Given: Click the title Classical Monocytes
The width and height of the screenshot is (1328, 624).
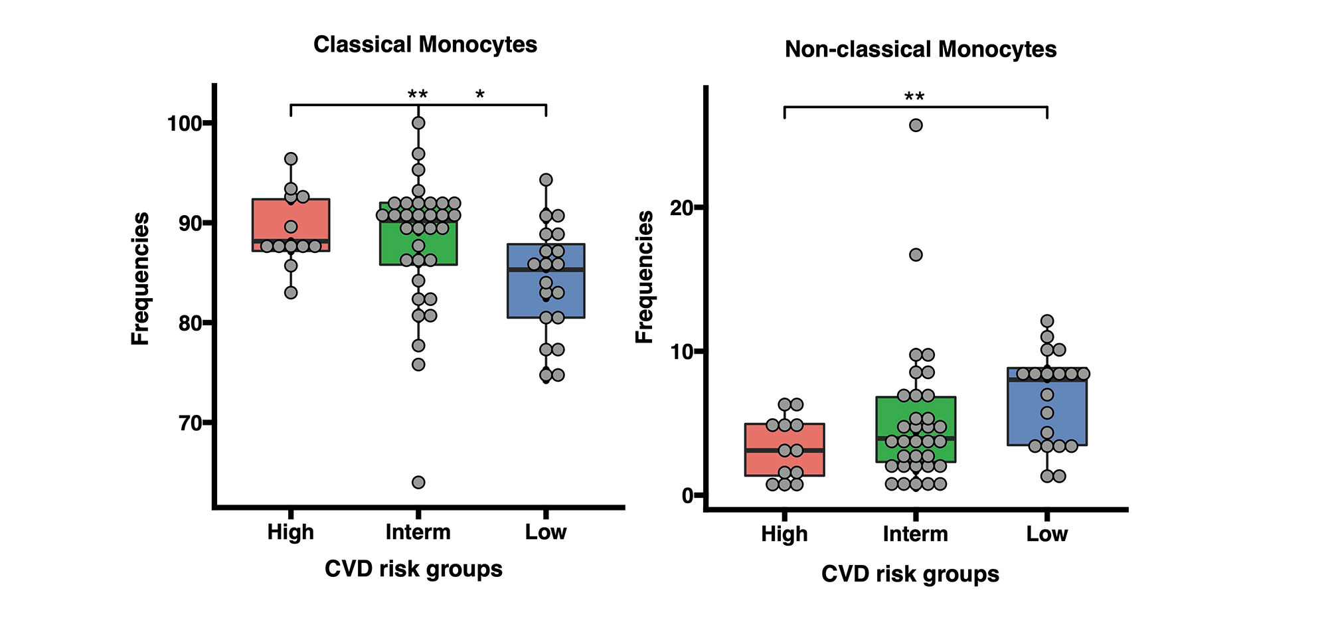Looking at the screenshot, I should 425,44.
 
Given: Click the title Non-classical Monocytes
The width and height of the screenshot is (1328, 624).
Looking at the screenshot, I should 920,49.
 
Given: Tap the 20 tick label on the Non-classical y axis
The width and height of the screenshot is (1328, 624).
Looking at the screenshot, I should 681,208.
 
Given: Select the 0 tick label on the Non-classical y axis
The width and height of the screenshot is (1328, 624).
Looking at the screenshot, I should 687,495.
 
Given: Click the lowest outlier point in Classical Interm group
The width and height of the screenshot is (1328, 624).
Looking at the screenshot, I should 418,482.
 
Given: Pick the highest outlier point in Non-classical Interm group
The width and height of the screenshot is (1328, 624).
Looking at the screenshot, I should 916,125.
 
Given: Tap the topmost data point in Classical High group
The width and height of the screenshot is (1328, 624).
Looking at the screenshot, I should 291,159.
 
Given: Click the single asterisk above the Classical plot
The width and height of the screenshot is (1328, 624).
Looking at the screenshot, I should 479,96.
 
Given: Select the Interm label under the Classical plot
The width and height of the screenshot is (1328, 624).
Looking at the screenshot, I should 418,532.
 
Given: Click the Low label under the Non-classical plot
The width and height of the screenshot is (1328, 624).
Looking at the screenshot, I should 1046,534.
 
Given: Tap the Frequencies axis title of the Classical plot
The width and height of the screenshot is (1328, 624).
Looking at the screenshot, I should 141,279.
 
